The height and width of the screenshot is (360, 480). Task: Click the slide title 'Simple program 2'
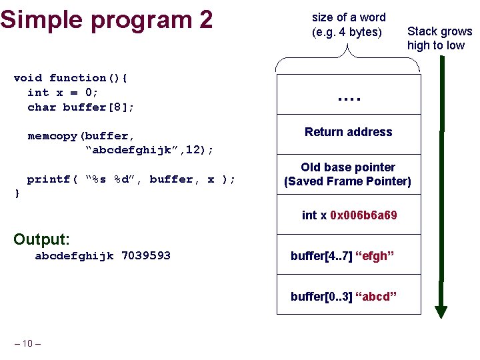[107, 19]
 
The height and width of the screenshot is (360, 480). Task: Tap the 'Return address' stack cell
[348, 132]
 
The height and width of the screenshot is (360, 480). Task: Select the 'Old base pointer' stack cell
[348, 174]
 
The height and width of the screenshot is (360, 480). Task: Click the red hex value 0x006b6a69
[363, 215]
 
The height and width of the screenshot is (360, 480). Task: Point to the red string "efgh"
[375, 255]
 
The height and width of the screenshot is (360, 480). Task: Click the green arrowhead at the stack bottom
[441, 311]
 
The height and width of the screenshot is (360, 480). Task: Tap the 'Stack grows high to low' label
[439, 38]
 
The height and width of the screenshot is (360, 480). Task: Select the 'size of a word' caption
[348, 25]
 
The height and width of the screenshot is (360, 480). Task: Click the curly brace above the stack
[348, 56]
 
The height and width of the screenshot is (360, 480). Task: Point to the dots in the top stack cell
[348, 99]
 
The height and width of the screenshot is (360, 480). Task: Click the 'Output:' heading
[41, 239]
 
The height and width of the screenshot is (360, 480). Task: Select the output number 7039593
[146, 255]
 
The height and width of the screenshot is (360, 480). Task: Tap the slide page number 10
[27, 343]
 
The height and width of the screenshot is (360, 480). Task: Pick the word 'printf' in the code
[48, 179]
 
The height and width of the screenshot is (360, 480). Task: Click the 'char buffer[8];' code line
[81, 107]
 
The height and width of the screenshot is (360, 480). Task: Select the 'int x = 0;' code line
[63, 93]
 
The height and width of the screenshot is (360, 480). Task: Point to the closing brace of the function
[17, 193]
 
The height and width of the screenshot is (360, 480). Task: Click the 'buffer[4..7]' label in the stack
[320, 255]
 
